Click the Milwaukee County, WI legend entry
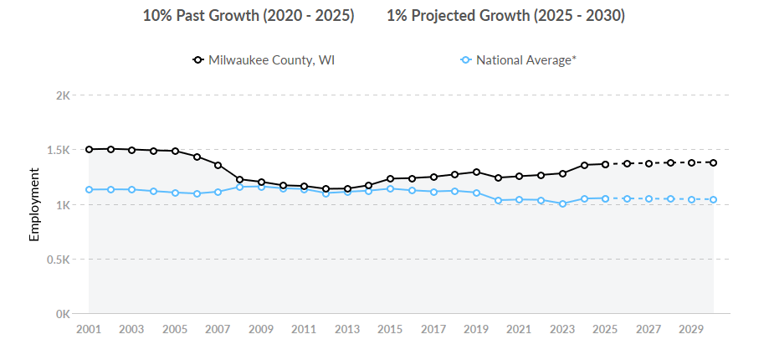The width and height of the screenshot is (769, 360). [264, 60]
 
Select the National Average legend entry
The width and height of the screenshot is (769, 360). [519, 60]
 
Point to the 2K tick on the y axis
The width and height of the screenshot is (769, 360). [62, 95]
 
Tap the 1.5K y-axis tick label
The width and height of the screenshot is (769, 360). [58, 150]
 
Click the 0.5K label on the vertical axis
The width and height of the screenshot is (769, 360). [58, 260]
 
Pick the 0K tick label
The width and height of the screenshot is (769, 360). [62, 315]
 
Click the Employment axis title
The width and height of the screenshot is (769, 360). [34, 204]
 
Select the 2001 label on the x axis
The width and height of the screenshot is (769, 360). [89, 330]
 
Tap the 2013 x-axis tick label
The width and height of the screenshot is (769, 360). [347, 330]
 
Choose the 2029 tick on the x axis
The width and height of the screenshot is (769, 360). [692, 330]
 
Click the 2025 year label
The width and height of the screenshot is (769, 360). [606, 330]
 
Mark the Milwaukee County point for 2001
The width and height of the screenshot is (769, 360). [89, 149]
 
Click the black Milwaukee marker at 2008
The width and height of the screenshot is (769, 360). [239, 179]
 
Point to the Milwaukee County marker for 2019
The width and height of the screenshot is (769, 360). [476, 172]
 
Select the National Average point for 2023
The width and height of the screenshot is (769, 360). [562, 203]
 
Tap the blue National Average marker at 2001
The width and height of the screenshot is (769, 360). [89, 189]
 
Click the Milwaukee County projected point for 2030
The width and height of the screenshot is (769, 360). [714, 162]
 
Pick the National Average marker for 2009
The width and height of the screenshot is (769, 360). [261, 187]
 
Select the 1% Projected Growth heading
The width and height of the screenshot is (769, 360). [505, 16]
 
